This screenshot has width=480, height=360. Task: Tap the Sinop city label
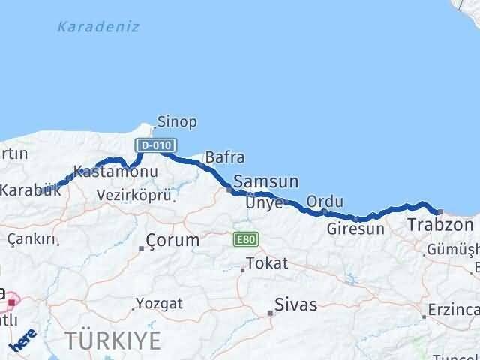coord(177,121)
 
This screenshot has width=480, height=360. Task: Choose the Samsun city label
coord(266,182)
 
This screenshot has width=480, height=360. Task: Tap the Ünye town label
coord(268,202)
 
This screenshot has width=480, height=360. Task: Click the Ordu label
coord(325,202)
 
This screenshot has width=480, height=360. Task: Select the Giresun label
coord(355,229)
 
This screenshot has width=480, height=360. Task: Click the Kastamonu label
coord(115,172)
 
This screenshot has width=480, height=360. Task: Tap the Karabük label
coord(30,190)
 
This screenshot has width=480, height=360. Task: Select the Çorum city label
coord(173,241)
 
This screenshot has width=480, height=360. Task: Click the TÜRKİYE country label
coord(112,340)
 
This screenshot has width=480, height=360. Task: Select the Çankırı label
coord(31,239)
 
